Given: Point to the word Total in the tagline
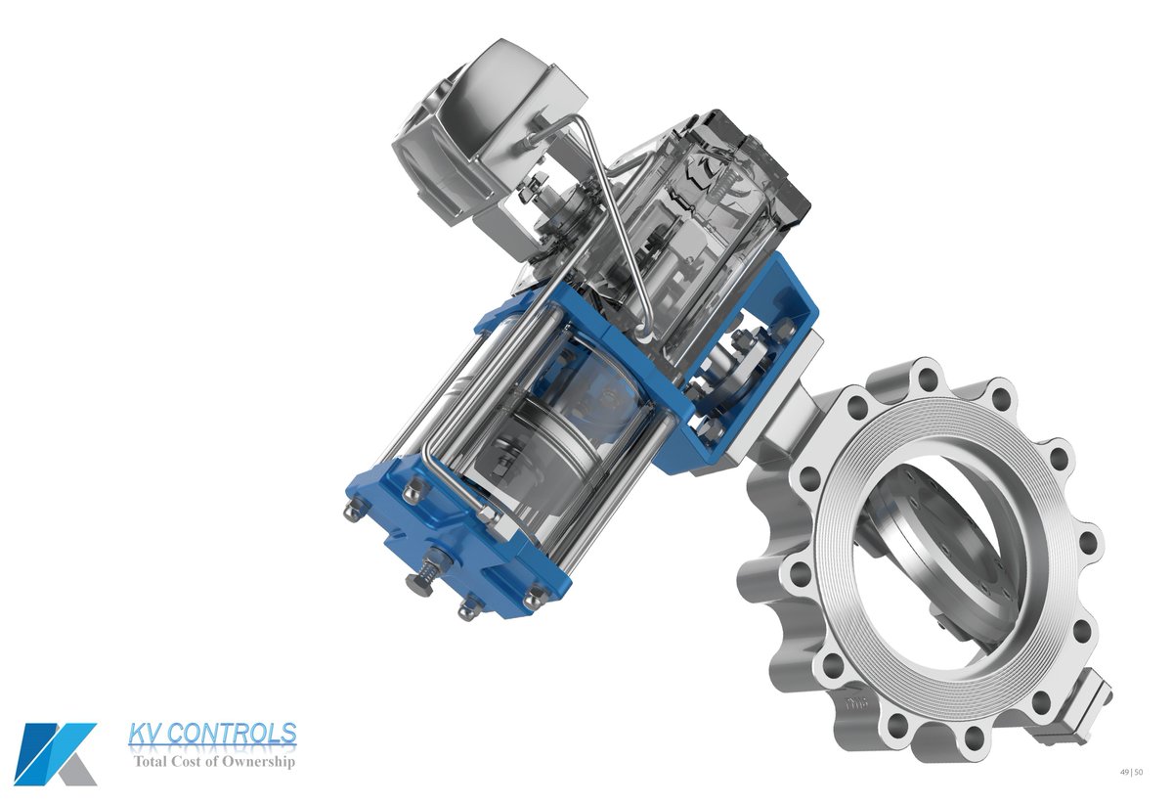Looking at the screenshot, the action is tap(149, 761).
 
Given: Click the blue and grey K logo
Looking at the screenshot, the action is tap(55, 754).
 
